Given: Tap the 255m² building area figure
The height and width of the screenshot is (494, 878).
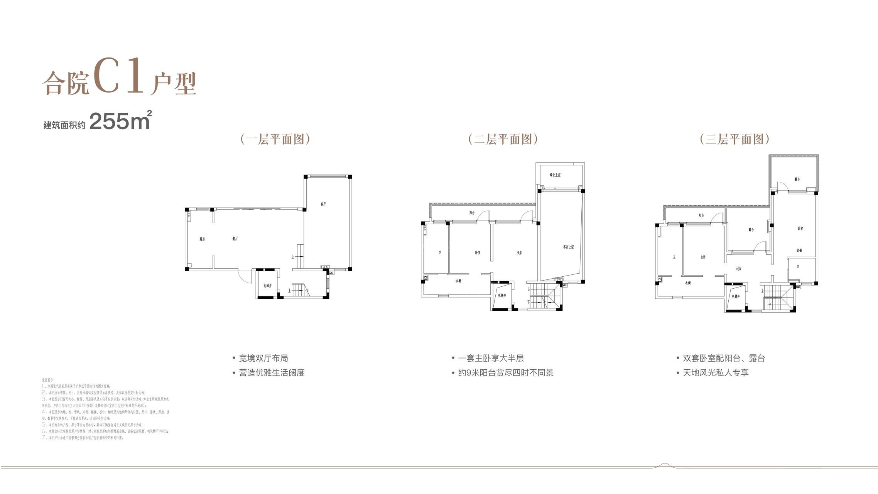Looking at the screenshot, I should (120, 121).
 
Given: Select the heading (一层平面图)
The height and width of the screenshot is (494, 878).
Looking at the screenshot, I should (275, 139).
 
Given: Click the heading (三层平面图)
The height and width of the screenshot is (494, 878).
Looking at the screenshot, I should (734, 139).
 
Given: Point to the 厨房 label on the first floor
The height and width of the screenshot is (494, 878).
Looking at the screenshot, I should (202, 239).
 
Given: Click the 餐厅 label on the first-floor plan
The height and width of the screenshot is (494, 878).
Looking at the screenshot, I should (235, 239).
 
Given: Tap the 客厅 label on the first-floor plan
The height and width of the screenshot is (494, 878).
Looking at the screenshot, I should (323, 204).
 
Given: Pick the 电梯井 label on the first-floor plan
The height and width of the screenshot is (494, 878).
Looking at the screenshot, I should (267, 286).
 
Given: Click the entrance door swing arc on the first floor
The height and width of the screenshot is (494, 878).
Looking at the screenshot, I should (244, 276).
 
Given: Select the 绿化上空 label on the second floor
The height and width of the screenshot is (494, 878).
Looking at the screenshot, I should (555, 175).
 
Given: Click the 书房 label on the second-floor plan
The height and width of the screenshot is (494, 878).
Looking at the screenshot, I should (519, 253).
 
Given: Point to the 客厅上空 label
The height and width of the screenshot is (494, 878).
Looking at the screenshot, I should (568, 247).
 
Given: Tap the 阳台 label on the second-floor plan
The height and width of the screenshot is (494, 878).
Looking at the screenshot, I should (472, 213).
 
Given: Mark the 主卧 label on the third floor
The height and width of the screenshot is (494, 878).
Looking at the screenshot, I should (703, 257).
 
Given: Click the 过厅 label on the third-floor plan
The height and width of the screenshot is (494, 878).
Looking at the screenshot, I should (738, 269).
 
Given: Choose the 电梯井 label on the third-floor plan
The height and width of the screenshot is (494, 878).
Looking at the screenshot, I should (736, 296).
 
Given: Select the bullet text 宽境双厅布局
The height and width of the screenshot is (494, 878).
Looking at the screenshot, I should (263, 358).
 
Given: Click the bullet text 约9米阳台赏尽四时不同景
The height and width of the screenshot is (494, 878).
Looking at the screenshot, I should (505, 373).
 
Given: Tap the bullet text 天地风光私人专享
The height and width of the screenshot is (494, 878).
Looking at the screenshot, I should (715, 373).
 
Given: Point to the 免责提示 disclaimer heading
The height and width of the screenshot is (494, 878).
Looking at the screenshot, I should (48, 380).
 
